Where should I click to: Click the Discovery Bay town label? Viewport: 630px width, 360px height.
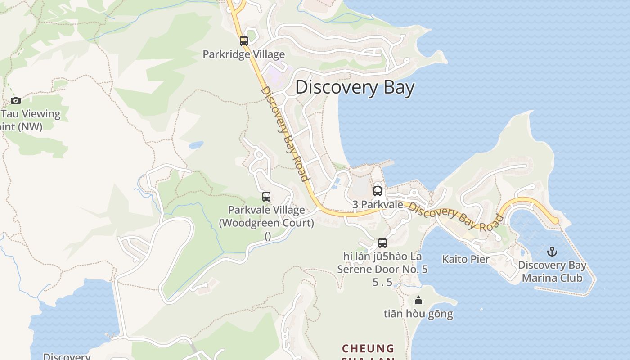[355, 87]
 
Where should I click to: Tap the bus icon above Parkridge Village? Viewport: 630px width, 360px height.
[243, 41]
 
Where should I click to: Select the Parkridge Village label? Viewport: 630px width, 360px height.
[243, 54]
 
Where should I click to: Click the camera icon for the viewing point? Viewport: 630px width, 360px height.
[16, 100]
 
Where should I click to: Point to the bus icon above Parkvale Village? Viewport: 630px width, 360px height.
[266, 197]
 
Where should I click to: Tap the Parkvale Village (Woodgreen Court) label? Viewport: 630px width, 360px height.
[266, 216]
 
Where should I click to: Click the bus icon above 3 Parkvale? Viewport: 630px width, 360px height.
[378, 191]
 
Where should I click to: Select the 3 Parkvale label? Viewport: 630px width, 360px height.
[378, 204]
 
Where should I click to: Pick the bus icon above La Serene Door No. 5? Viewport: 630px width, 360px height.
[382, 243]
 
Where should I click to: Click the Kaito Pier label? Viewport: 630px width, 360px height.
[465, 259]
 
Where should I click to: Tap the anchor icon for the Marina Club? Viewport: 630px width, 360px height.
[552, 252]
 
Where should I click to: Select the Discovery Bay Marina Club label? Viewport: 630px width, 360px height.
[552, 271]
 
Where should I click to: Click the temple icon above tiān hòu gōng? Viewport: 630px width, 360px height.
[418, 300]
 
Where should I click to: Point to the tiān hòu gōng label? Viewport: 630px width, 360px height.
[418, 314]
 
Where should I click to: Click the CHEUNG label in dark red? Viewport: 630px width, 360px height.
[368, 349]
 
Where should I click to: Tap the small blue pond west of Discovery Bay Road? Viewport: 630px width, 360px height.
[196, 145]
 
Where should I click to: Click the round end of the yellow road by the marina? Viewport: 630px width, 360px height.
[556, 220]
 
